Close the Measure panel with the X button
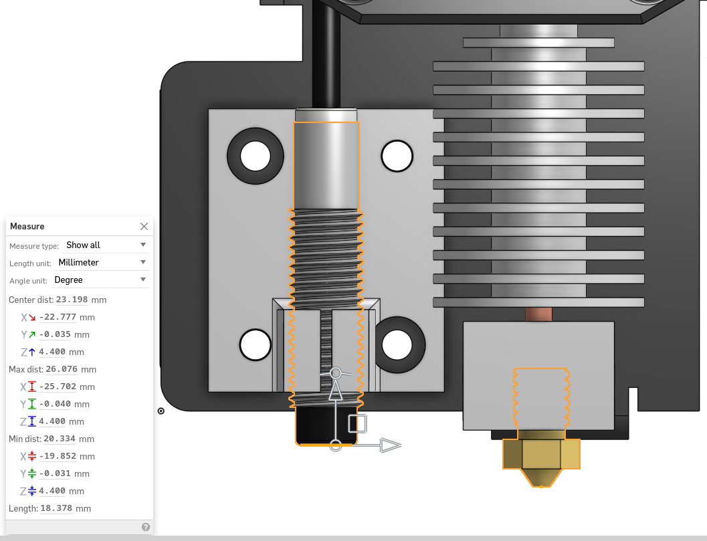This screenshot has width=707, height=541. (144, 227)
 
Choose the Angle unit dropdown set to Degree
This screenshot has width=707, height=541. (100, 280)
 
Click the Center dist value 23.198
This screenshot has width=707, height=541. (72, 300)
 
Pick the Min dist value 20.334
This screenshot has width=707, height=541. (60, 439)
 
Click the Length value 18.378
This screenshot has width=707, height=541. (57, 509)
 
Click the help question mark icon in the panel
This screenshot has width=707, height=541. (146, 527)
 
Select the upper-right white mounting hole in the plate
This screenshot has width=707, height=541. (397, 156)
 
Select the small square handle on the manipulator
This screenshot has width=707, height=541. (357, 423)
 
